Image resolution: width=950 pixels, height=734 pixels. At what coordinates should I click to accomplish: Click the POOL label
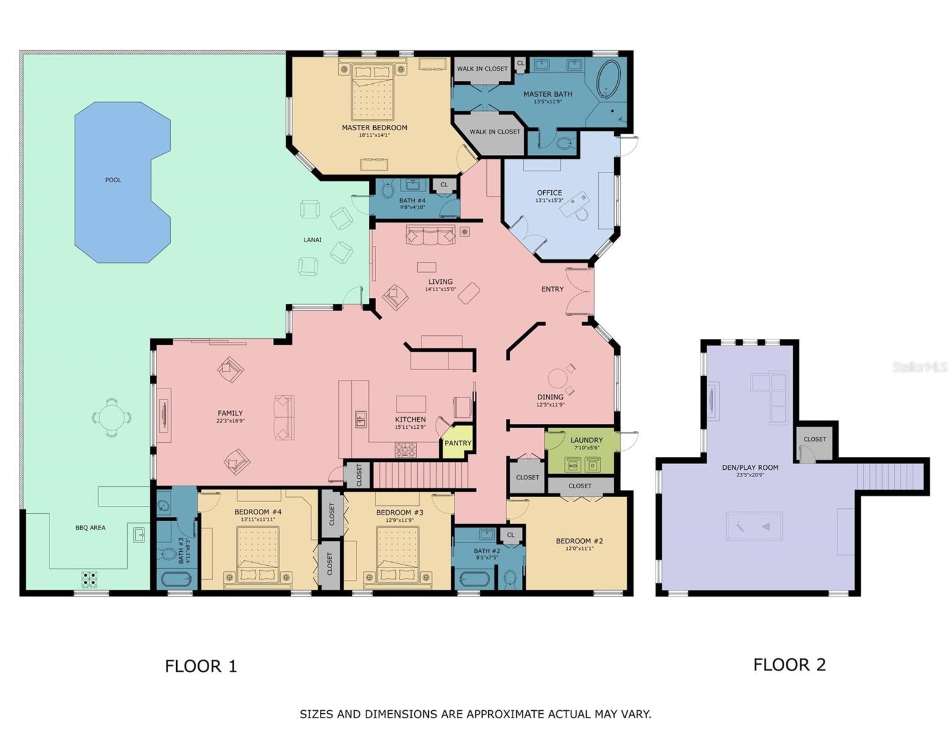tap(113, 180)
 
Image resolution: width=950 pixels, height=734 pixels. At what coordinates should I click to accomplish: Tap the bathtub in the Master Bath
tap(608, 80)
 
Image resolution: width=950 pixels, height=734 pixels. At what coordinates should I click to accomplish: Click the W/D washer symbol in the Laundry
tap(573, 465)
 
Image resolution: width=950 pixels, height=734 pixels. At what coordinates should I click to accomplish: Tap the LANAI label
tap(313, 240)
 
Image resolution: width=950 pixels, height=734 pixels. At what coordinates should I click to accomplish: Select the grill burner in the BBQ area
tap(89, 579)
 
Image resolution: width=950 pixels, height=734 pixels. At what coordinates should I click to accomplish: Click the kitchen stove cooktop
tap(405, 451)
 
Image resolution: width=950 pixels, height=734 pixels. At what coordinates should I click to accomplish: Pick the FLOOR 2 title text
tap(789, 664)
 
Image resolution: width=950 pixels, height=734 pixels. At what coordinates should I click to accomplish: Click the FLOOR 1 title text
tap(201, 666)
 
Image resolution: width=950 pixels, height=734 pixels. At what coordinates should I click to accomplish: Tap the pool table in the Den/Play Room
tap(754, 527)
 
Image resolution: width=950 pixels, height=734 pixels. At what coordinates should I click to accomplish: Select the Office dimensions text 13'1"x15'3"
tap(549, 200)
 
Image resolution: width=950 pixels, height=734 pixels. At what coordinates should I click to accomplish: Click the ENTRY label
tap(552, 289)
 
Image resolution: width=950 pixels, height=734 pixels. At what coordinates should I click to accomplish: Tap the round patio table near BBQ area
tap(111, 418)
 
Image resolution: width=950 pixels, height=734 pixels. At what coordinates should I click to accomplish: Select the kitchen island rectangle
tap(410, 404)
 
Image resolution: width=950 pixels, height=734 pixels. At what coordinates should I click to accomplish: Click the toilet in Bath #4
tap(388, 190)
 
